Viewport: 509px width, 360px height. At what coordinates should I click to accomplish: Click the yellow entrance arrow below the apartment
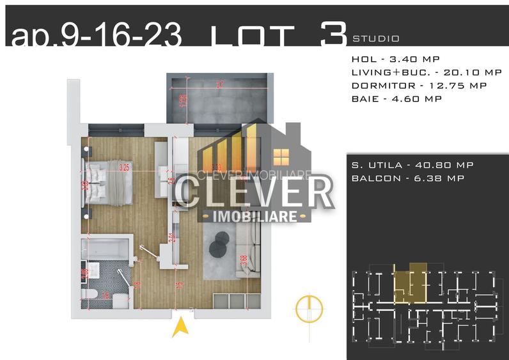tap(181, 328)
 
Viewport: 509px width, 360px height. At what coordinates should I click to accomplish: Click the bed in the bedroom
tap(108, 182)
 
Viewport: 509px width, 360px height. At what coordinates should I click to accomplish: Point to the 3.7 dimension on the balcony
tap(220, 84)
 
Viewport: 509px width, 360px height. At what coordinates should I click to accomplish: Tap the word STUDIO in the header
tap(376, 38)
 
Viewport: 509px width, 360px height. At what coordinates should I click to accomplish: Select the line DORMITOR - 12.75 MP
tap(419, 85)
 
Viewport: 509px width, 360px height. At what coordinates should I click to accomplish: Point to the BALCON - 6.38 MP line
tap(407, 178)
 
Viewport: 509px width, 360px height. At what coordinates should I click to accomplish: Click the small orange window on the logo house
tap(281, 156)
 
